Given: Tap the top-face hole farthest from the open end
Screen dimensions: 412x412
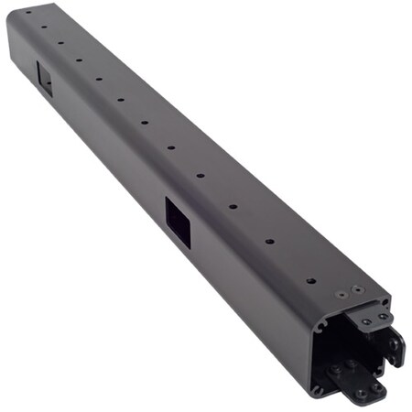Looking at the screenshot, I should (27, 13).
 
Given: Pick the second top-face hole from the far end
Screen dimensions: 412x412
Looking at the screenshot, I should (43, 27).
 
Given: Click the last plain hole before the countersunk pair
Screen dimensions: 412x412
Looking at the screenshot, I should (310, 280).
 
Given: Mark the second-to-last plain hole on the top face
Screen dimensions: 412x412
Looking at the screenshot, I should (269, 242).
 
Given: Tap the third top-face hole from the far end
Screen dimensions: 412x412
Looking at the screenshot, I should (60, 42).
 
